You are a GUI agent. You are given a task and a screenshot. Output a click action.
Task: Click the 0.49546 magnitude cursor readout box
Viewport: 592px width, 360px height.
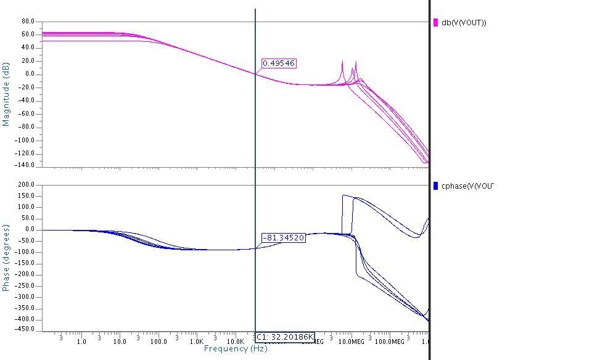coord(279,63)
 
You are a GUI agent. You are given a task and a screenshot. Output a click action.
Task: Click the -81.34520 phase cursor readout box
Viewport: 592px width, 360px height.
coord(284,238)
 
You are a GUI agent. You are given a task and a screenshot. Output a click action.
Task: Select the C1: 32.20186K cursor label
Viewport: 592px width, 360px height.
coord(284,337)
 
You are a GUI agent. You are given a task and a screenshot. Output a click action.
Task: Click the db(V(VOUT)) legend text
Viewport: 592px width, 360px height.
coord(464,23)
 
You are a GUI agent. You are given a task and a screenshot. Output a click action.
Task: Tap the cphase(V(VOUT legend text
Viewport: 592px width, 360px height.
coord(467,186)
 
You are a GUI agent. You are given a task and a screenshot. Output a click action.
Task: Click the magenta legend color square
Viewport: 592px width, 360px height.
coord(436,23)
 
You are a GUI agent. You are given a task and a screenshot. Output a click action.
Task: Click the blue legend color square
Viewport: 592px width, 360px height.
coord(436,186)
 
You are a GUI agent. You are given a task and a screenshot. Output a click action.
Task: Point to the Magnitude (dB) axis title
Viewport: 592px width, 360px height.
coord(6,94)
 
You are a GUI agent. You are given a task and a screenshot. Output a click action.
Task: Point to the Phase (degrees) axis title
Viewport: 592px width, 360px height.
coord(6,258)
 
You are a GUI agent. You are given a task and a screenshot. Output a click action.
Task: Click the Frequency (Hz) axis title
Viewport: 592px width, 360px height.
coord(236,349)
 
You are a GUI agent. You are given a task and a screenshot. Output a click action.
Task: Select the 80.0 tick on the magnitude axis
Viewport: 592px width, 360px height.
coord(28,22)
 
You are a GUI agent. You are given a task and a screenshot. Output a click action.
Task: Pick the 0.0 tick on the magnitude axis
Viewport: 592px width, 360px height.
coord(30,75)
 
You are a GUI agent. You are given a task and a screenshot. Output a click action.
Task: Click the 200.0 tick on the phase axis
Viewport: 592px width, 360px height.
coord(25,185)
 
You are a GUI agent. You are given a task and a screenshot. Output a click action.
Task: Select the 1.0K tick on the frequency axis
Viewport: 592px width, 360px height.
coord(197,342)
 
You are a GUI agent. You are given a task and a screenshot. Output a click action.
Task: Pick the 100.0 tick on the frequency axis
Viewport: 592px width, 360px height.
coord(158,342)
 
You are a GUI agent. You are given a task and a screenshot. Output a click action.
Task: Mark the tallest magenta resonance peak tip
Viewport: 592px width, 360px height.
coord(342,61)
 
